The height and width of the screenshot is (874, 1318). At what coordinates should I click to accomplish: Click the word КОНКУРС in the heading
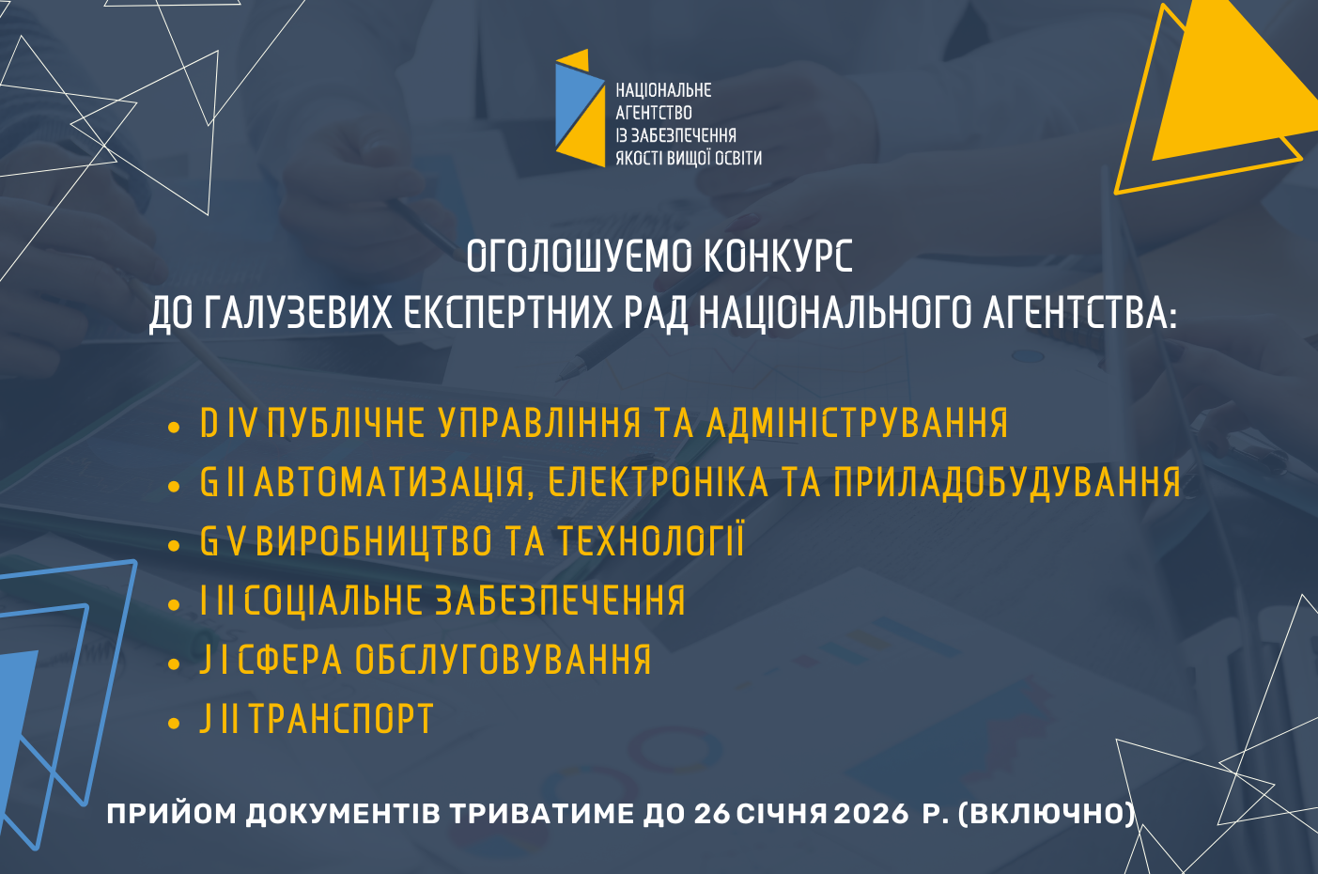778,256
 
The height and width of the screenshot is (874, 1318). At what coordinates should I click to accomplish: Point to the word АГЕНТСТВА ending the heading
1079,312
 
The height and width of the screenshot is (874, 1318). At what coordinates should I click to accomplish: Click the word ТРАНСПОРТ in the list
342,719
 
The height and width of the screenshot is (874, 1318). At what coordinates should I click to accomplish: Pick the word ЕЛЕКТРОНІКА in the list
659,483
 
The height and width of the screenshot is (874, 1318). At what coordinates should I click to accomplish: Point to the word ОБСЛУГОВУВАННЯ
504,659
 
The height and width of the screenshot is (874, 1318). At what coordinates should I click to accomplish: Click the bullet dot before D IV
174,428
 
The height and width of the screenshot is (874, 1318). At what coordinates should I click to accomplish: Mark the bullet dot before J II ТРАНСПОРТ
174,724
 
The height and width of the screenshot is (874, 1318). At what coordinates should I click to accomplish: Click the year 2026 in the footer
872,814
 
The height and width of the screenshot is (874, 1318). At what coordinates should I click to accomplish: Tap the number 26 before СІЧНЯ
712,814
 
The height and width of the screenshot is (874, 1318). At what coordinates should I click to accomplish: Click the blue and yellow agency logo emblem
581,108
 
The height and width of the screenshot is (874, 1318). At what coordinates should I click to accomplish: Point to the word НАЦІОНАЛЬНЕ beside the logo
664,90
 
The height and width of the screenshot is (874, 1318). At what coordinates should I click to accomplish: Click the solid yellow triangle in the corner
1233,88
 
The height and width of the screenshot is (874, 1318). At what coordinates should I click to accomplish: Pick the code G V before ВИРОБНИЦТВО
223,541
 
